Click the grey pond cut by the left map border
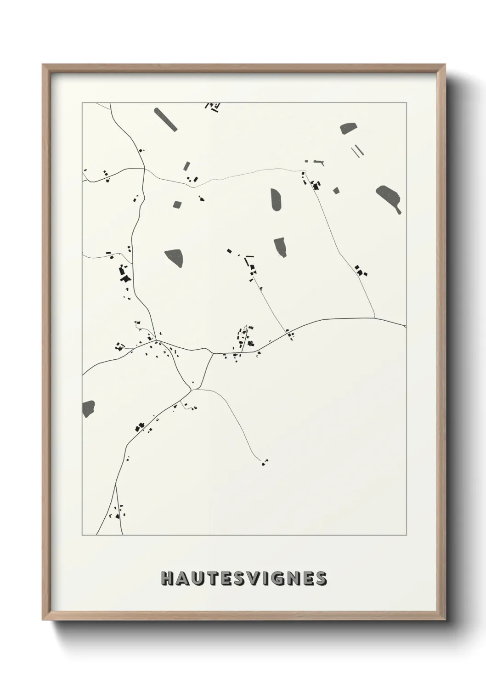click(88, 408)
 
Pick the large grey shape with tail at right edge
click(389, 196)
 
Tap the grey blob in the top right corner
click(349, 129)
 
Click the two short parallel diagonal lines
click(357, 152)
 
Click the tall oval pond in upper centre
click(277, 200)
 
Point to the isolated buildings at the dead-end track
click(265, 462)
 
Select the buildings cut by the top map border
click(213, 107)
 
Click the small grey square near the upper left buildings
click(176, 204)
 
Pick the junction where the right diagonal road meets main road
click(374, 317)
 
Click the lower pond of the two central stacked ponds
click(280, 246)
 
